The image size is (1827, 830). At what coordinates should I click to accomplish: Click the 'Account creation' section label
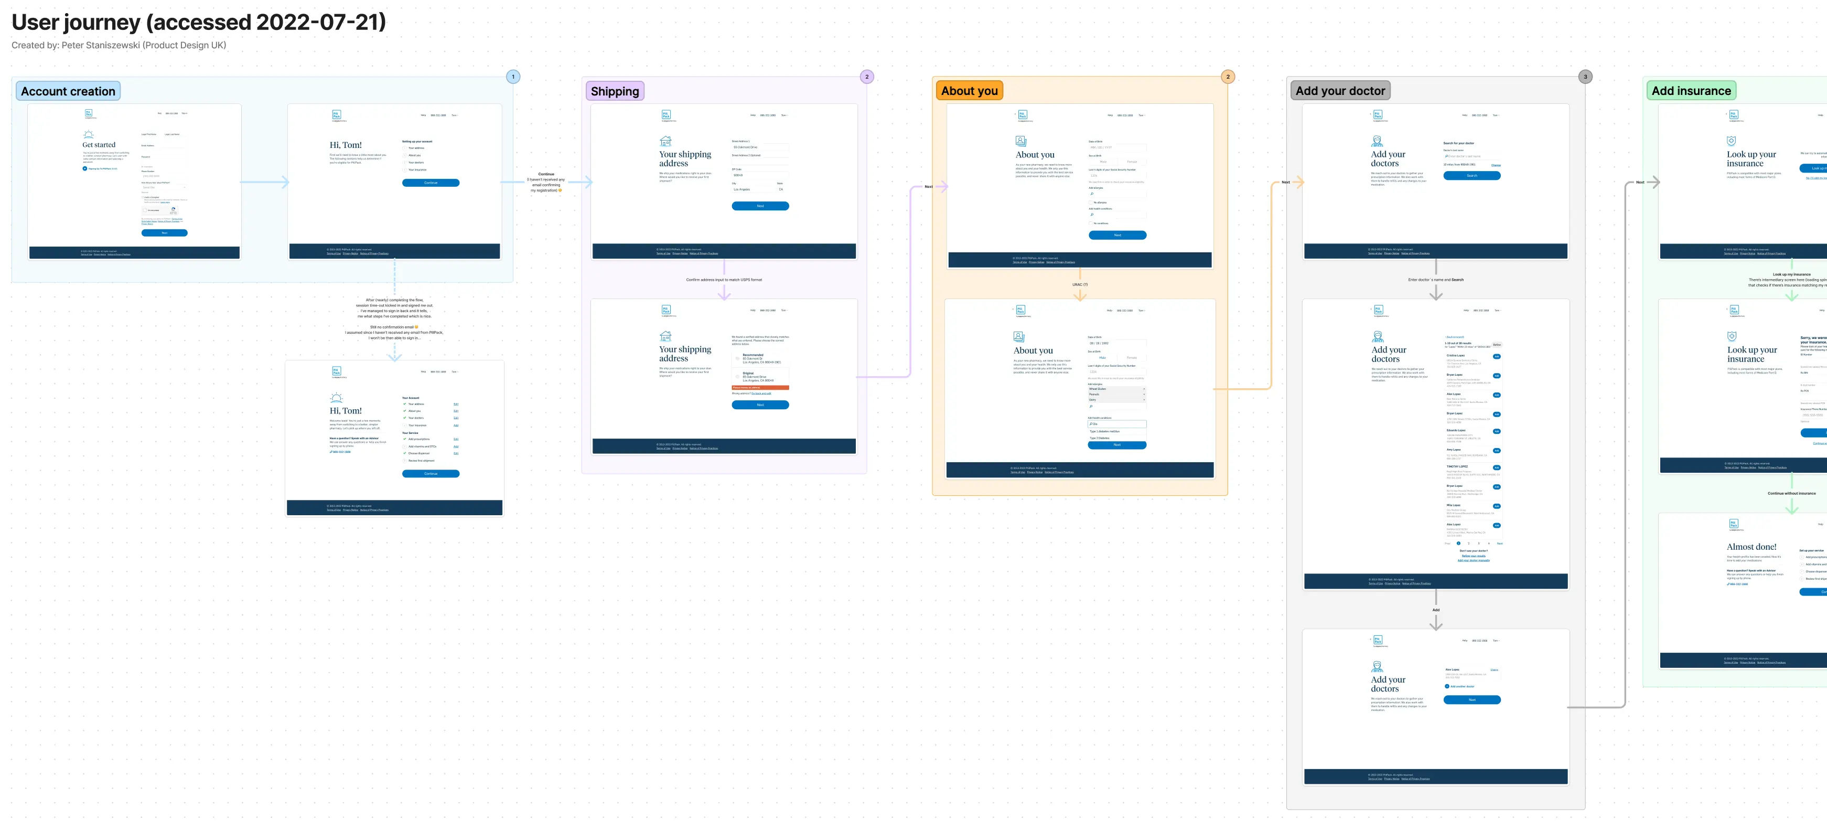coord(68,91)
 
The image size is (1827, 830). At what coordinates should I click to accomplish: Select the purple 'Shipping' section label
coord(614,91)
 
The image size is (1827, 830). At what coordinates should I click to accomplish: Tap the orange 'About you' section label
coord(969,91)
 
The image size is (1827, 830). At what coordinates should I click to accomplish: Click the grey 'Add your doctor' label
coord(1340,91)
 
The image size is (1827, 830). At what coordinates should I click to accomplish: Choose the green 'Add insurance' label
coord(1691,91)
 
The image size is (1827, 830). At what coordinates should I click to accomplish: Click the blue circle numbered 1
coord(513,77)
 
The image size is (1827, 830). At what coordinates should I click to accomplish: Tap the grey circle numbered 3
coord(1585,77)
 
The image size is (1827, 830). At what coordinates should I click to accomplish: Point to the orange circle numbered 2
coord(1228,77)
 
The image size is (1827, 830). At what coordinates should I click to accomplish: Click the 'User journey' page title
coord(199,22)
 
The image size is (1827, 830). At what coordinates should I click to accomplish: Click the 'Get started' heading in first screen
coord(99,145)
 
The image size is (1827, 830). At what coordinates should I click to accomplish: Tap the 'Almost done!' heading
coord(1751,547)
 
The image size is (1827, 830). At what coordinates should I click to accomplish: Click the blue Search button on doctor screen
coord(1471,175)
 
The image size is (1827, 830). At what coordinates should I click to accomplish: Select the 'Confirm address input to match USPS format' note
coord(724,280)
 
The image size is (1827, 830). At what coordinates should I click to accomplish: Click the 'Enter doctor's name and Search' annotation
coord(1435,280)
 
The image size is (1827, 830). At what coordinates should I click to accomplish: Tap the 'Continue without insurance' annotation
coord(1791,493)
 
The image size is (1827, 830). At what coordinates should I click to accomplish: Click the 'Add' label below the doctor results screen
coord(1435,609)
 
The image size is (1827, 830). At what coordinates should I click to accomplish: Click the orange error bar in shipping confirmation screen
coord(760,387)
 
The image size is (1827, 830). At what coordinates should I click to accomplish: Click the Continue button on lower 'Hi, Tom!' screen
coord(431,473)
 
